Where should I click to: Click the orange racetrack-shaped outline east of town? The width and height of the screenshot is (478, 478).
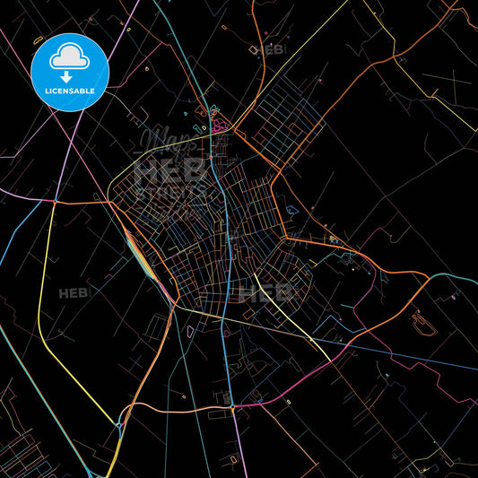(x=423, y=323)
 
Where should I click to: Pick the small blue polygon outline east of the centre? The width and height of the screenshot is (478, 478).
(x=292, y=209)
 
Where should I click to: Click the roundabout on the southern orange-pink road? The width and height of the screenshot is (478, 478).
(x=232, y=407)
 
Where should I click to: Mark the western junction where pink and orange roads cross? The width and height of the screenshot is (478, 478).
(x=54, y=202)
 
